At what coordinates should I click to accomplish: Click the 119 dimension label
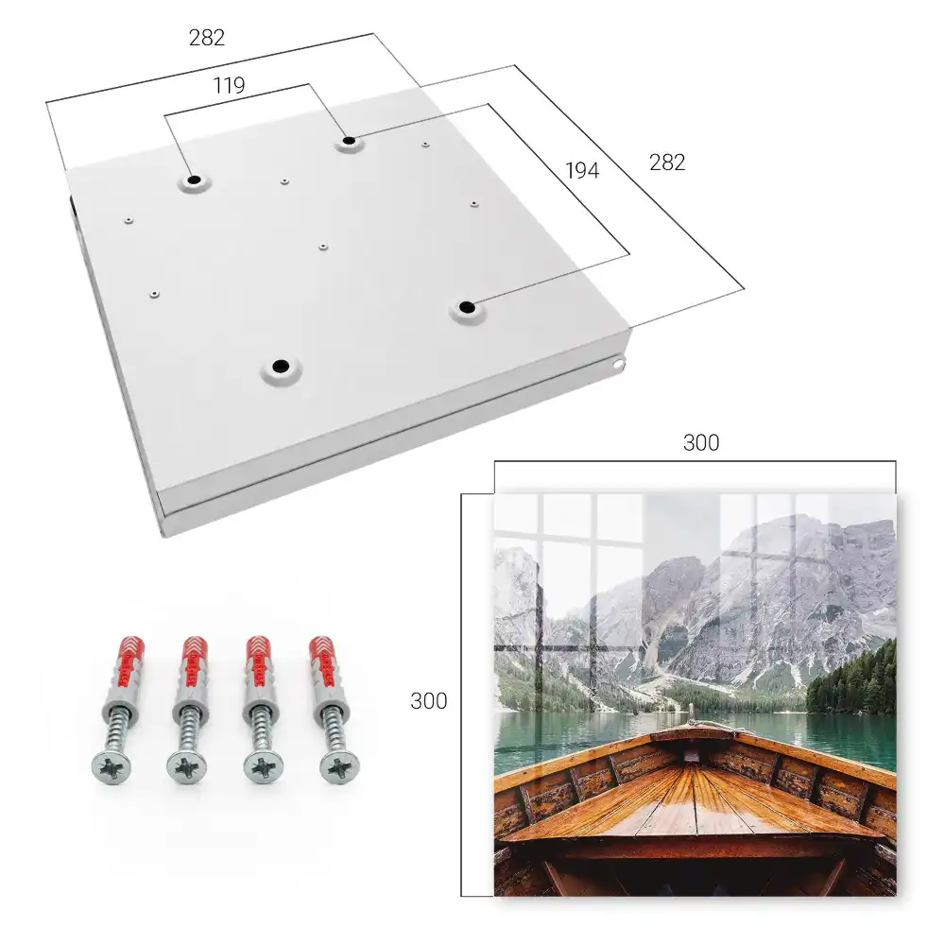(229, 86)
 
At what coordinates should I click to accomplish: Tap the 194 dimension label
(582, 171)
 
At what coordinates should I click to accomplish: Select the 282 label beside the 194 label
(667, 163)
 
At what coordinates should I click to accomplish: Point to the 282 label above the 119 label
(207, 38)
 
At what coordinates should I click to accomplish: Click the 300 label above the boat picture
(701, 443)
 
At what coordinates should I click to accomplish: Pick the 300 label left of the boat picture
(428, 701)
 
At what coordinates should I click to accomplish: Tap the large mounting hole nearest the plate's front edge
(281, 366)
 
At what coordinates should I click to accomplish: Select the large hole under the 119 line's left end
(194, 180)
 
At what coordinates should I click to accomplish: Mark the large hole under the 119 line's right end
(349, 142)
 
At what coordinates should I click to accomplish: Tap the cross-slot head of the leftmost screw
(112, 767)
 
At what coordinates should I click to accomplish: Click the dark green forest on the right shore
(851, 678)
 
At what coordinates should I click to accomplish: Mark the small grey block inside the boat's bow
(692, 756)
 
